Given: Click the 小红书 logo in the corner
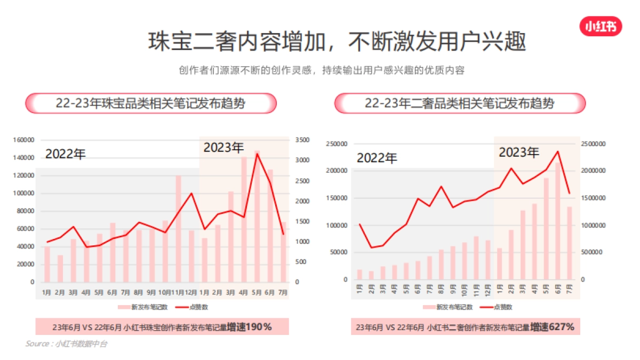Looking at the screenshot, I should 600,26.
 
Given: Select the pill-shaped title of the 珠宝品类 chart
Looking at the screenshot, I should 151,103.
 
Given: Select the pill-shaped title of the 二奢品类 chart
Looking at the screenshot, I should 459,103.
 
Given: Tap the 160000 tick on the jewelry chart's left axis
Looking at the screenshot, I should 24,140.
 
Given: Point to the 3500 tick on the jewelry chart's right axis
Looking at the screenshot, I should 301,140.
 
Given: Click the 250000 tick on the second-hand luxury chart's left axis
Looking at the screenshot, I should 335,144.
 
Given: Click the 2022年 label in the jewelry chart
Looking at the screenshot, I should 65,154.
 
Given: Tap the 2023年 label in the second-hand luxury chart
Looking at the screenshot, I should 518,153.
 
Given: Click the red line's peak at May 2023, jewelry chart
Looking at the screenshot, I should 257,154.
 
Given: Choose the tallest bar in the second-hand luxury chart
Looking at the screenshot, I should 557,221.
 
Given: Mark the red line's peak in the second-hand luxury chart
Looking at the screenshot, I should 557,151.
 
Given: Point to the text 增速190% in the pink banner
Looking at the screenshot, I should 249,327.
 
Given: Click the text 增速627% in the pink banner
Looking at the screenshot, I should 552,327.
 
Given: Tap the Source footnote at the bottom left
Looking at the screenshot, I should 66,344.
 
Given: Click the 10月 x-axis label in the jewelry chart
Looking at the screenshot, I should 165,293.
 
